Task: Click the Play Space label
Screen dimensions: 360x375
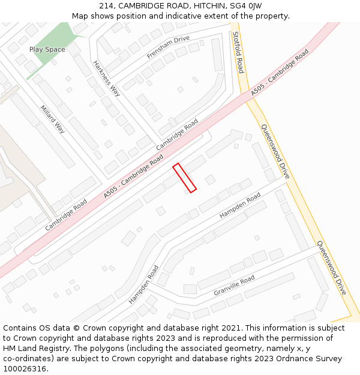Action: click(x=47, y=49)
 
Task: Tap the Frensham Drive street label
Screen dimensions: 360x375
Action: click(x=168, y=47)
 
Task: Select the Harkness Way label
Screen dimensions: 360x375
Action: click(x=106, y=78)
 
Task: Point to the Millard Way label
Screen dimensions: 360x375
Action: click(x=52, y=119)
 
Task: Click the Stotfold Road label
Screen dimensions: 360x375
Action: click(x=238, y=52)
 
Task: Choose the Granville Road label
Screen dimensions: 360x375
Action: click(x=234, y=286)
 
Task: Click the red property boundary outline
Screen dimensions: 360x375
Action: click(x=185, y=178)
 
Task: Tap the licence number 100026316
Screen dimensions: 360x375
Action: click(x=25, y=369)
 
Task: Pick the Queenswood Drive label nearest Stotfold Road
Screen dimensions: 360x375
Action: click(x=275, y=151)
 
